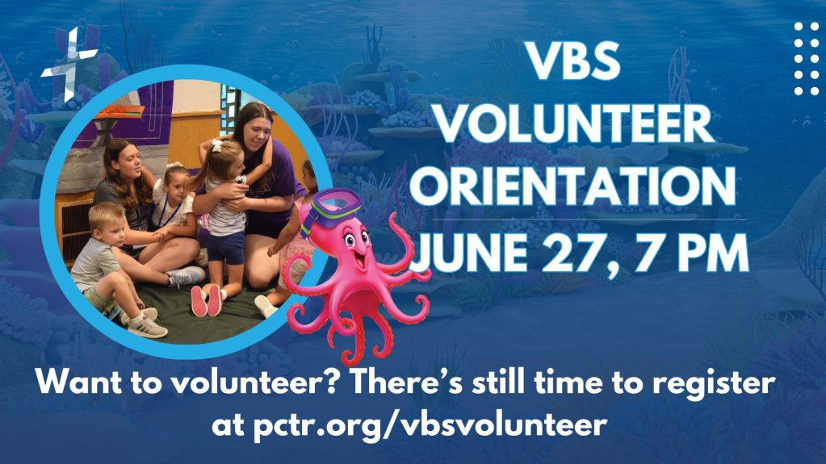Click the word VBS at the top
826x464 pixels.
coord(574,61)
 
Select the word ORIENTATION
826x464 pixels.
coord(573,186)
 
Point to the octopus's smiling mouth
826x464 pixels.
coord(361,259)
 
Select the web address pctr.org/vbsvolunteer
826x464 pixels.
coord(430,424)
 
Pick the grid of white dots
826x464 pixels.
coord(807,59)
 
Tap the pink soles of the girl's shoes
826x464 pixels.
coord(207,301)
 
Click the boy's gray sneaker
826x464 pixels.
coord(146,326)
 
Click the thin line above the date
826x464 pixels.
coord(589,219)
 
